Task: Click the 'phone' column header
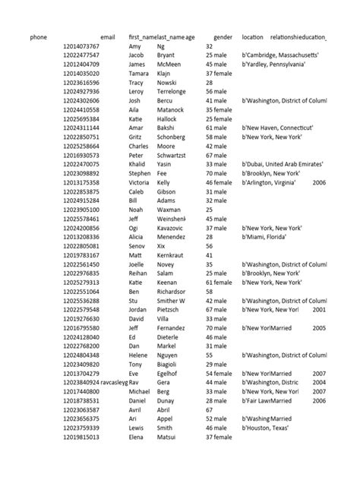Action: (x=38, y=36)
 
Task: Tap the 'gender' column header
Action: (x=223, y=36)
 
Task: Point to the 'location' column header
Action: (x=253, y=36)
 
